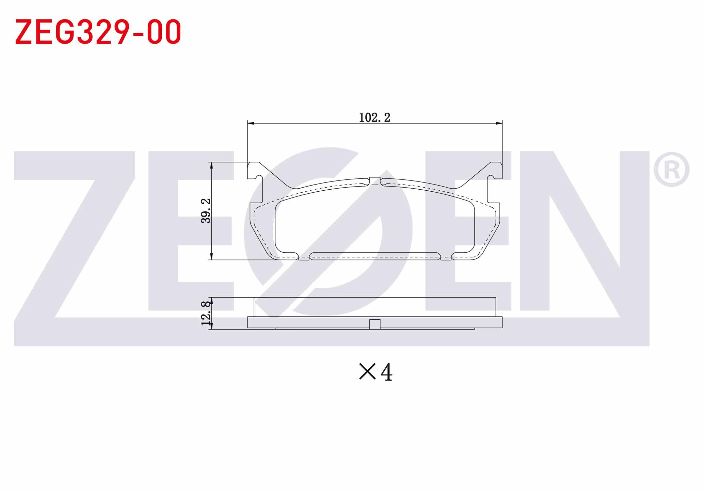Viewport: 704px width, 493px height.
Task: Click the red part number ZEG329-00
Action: [x=98, y=32]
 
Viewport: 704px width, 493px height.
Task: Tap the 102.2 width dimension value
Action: [x=374, y=117]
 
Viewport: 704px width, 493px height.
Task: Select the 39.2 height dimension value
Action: [x=206, y=211]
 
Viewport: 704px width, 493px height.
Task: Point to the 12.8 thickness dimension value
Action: [x=206, y=314]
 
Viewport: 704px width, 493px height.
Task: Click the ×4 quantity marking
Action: [x=376, y=372]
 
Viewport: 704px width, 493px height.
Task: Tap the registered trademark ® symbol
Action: [x=671, y=170]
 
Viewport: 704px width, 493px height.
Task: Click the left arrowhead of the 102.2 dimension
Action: [x=251, y=123]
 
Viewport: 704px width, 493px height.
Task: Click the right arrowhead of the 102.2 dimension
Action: [x=499, y=123]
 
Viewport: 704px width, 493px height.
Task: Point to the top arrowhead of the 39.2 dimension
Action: [x=212, y=166]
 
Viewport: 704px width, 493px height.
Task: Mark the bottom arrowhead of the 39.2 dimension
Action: [x=212, y=256]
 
